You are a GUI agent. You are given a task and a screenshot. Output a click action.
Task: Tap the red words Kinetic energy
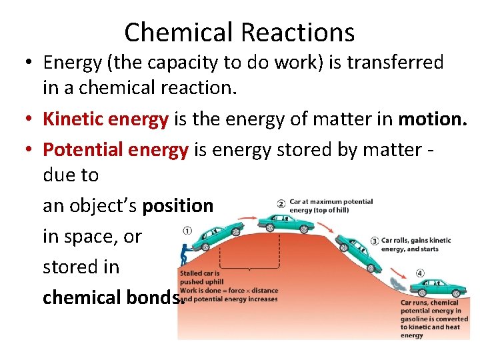tap(105, 119)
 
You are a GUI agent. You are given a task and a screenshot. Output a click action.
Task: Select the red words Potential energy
tap(115, 150)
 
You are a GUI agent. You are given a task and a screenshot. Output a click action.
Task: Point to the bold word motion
tap(433, 119)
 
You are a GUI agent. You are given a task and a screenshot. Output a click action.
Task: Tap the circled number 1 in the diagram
tap(187, 231)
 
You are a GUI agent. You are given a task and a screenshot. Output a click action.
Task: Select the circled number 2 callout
tap(281, 203)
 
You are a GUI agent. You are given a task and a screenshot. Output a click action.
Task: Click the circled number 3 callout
tap(375, 240)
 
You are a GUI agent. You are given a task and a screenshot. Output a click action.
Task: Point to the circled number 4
tap(420, 273)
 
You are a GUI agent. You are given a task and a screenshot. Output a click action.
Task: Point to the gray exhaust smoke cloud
tap(399, 285)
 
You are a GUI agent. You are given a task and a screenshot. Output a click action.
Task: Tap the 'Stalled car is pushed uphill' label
tap(201, 277)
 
